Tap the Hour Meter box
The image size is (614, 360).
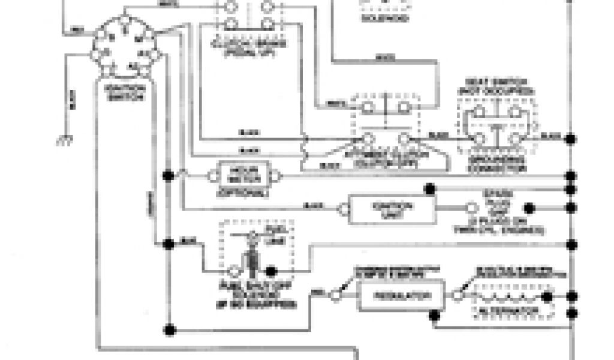(x=242, y=175)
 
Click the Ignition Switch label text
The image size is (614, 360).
(x=124, y=93)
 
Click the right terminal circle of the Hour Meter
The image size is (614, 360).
(x=275, y=176)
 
